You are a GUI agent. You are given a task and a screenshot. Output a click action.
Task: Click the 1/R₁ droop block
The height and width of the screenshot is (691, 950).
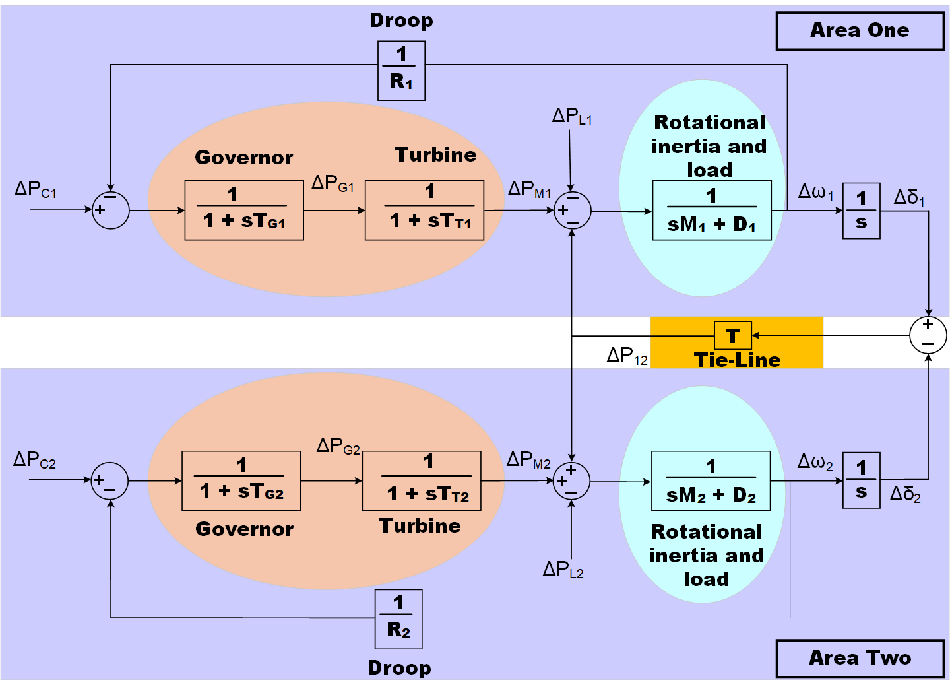coord(401,71)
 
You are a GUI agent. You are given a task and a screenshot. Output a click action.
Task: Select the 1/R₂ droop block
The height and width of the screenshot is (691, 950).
coord(398,619)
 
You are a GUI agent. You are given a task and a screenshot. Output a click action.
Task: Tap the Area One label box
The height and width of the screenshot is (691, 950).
coord(860,31)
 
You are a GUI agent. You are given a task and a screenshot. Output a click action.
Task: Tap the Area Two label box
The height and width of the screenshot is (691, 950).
coord(860,658)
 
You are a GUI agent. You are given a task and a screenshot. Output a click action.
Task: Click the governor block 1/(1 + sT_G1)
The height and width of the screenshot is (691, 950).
coord(244,210)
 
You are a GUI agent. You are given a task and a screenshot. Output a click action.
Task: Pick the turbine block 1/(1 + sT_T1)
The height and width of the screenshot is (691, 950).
coord(424,210)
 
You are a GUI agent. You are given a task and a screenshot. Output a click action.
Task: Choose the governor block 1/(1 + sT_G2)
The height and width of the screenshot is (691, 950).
coord(241,480)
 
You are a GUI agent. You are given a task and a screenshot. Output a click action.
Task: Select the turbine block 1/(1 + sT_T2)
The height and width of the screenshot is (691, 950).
coord(422,480)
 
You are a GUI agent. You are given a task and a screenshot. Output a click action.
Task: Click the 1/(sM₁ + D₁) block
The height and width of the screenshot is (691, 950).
coord(712,210)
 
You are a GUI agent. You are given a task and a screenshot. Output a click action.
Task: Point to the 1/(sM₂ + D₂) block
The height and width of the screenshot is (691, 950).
coord(711,480)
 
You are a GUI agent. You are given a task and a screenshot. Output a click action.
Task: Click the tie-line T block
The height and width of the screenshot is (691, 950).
coord(733,335)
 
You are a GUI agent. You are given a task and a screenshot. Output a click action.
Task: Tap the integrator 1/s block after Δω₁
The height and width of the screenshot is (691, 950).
coord(862,211)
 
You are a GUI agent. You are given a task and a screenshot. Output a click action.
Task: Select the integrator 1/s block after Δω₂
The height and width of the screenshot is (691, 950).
coord(862,480)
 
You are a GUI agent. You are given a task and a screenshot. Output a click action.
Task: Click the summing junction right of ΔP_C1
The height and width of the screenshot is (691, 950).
coord(110,210)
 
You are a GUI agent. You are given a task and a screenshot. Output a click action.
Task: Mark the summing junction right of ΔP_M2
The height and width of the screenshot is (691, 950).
coord(571,480)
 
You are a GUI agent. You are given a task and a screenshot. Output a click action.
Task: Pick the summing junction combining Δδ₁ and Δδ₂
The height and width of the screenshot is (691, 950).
coord(928,335)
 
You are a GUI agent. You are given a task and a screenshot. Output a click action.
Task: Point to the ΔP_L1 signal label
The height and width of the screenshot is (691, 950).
coord(572,117)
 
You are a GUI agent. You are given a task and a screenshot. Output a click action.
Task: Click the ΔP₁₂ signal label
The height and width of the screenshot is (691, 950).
coord(627,356)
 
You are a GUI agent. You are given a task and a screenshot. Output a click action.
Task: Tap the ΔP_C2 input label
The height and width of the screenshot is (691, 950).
coord(35,460)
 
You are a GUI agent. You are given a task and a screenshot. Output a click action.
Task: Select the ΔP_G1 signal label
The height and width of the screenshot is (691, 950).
coord(332,184)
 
